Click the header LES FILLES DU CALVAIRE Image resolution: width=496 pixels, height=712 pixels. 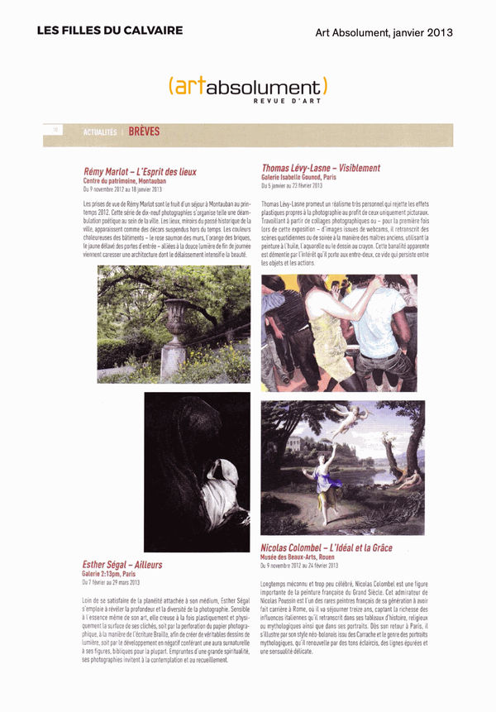point(109,31)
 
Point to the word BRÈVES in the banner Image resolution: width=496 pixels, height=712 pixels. point(144,131)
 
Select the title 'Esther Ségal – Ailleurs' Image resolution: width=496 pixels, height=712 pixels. point(122,565)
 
